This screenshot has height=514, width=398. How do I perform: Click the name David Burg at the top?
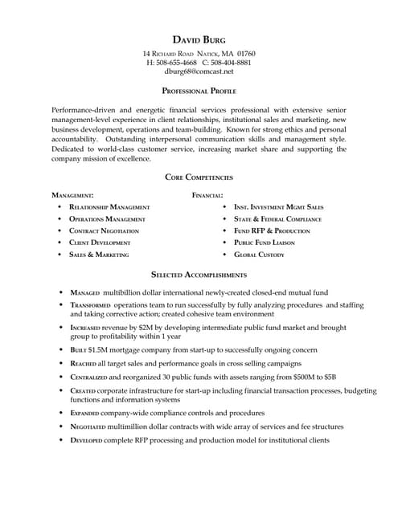[x=199, y=40]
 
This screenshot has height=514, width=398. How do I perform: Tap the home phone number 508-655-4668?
[x=177, y=63]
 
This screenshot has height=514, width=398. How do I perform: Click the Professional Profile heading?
[x=199, y=92]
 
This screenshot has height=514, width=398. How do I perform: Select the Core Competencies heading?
[x=199, y=177]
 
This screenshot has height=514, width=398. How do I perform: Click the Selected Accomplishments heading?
[x=199, y=275]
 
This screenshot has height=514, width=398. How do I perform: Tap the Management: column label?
[x=72, y=195]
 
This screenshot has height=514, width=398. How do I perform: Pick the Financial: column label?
[x=207, y=195]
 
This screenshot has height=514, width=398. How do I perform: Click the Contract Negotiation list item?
[x=104, y=230]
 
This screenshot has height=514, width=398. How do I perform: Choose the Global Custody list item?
[x=259, y=255]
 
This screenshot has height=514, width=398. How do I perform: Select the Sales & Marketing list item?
[x=99, y=255]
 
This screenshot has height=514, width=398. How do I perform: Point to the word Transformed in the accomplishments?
[x=90, y=306]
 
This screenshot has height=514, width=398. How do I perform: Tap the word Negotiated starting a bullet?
[x=88, y=427]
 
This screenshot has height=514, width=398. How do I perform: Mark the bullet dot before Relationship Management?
[x=60, y=207]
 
